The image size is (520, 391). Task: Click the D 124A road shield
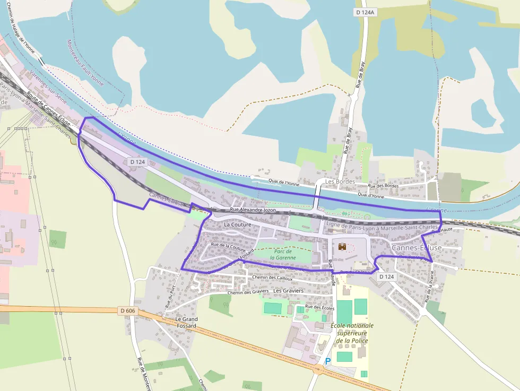[x=366, y=12]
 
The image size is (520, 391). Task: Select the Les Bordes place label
[x=340, y=181]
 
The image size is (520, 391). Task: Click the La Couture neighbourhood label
[x=238, y=224]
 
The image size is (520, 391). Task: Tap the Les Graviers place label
[x=288, y=291]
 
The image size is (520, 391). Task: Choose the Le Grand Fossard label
[x=186, y=322]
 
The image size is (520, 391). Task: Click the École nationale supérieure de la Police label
[x=352, y=333]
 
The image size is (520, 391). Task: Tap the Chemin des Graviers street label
[x=248, y=292]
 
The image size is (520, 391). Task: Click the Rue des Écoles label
[x=320, y=307]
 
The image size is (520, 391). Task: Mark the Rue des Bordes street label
[x=383, y=186]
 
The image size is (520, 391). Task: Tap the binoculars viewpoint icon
[x=343, y=246]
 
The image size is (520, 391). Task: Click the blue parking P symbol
[x=327, y=361]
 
